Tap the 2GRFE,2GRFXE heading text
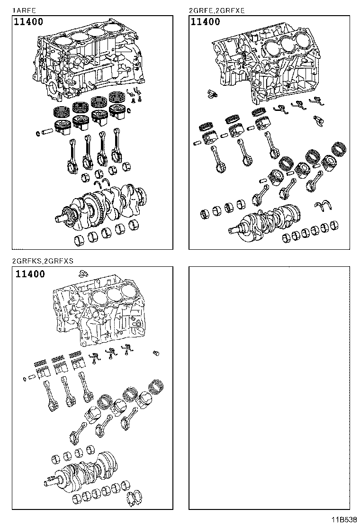[216, 10]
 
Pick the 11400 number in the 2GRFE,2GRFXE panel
[205, 22]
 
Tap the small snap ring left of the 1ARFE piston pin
[38, 133]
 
